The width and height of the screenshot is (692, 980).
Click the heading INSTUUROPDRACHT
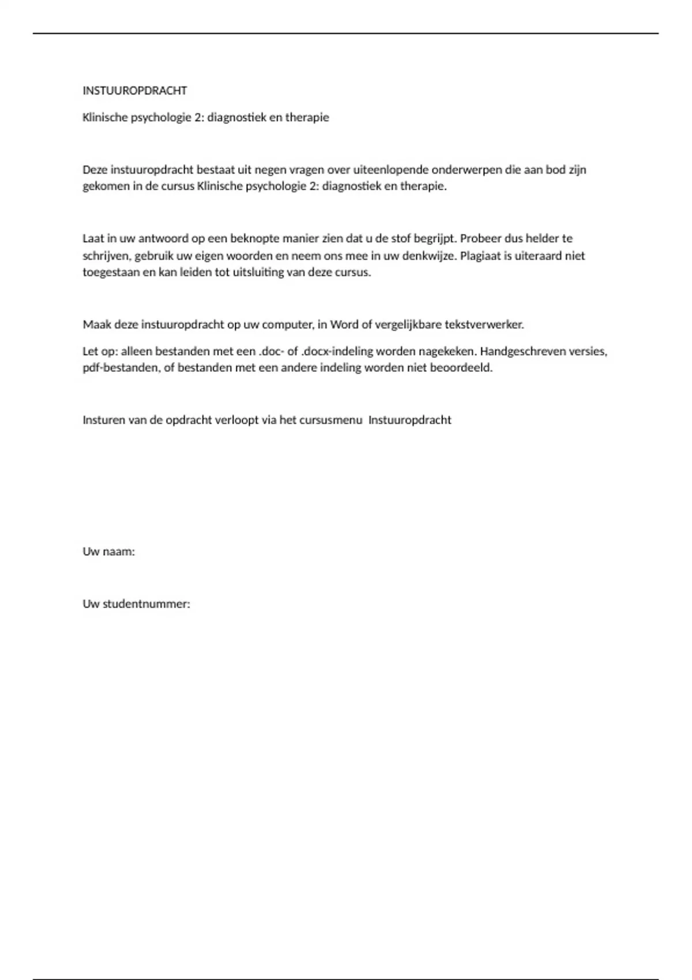pos(135,91)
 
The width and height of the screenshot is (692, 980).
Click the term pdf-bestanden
pos(120,367)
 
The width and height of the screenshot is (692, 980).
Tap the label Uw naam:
pos(108,551)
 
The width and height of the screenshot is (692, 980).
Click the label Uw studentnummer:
pos(136,604)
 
